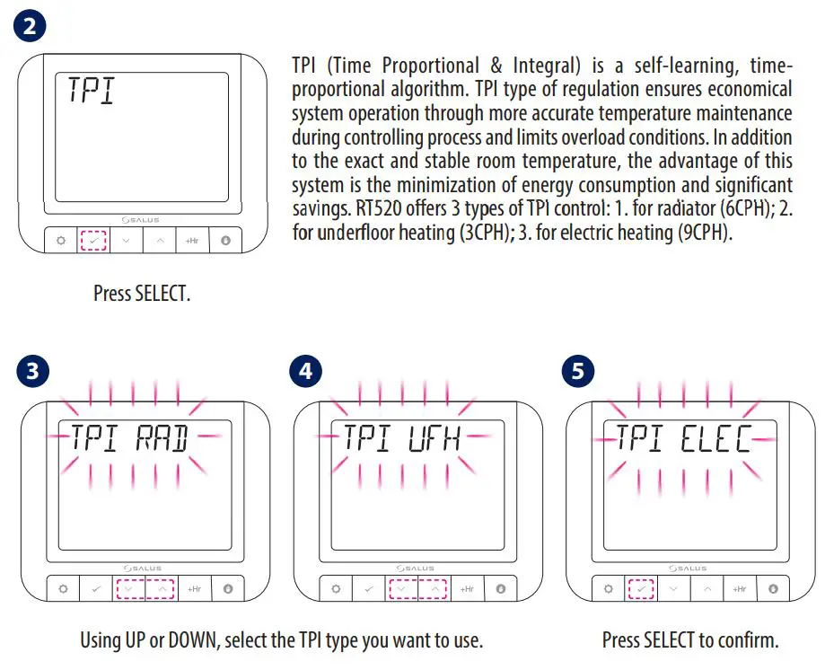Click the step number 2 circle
[x=30, y=26]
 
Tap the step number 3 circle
[x=32, y=372]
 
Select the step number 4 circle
[x=305, y=372]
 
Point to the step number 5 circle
[x=577, y=372]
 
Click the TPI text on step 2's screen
[x=92, y=92]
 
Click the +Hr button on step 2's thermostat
[x=192, y=242]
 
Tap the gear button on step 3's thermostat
[x=63, y=589]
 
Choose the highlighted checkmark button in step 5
[x=641, y=589]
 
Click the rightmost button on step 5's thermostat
[x=773, y=589]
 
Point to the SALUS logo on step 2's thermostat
[x=140, y=218]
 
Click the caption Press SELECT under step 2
[x=142, y=294]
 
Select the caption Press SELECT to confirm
[x=689, y=640]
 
